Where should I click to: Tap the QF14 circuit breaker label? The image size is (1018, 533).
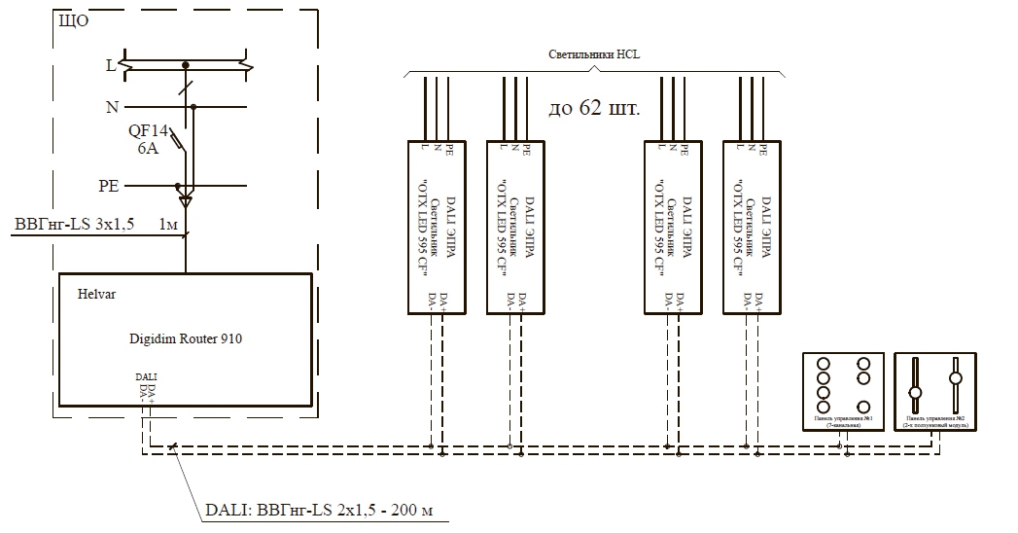point(149,130)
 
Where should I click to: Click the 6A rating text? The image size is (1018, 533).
point(149,149)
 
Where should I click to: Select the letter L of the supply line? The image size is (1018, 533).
point(111,66)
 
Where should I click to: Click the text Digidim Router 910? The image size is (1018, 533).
point(186,339)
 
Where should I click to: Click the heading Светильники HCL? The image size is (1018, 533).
point(593,55)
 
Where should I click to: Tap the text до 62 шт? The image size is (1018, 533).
point(594,108)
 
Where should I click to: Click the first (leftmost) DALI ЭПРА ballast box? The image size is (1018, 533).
point(437,227)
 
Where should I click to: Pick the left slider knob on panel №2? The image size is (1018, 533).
point(914,394)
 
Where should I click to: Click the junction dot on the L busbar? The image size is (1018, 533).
point(185,66)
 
